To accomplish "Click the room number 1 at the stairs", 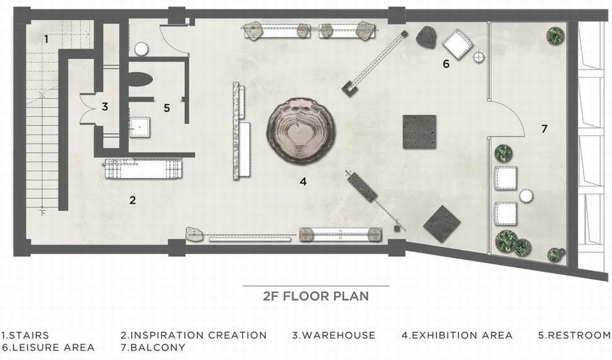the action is coord(46,39).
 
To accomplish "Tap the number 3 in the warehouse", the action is coord(105,107).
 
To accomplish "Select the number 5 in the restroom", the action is coord(167,108).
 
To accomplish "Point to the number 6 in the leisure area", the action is coord(446,64).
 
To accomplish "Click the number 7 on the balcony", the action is coord(545,129).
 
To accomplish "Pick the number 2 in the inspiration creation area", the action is coord(133,200).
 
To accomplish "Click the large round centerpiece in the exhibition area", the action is coord(301,131).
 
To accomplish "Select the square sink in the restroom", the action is coord(139,127).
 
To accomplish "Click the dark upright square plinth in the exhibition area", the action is coord(419,131).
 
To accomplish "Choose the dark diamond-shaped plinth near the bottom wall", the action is coord(442,224).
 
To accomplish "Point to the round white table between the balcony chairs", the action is coord(526,197).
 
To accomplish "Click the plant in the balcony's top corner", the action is coord(555,35).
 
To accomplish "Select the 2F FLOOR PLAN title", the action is coord(316,296).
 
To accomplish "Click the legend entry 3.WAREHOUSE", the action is coord(334,335).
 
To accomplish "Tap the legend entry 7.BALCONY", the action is coord(153,347).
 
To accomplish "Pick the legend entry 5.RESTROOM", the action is coord(575,335).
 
